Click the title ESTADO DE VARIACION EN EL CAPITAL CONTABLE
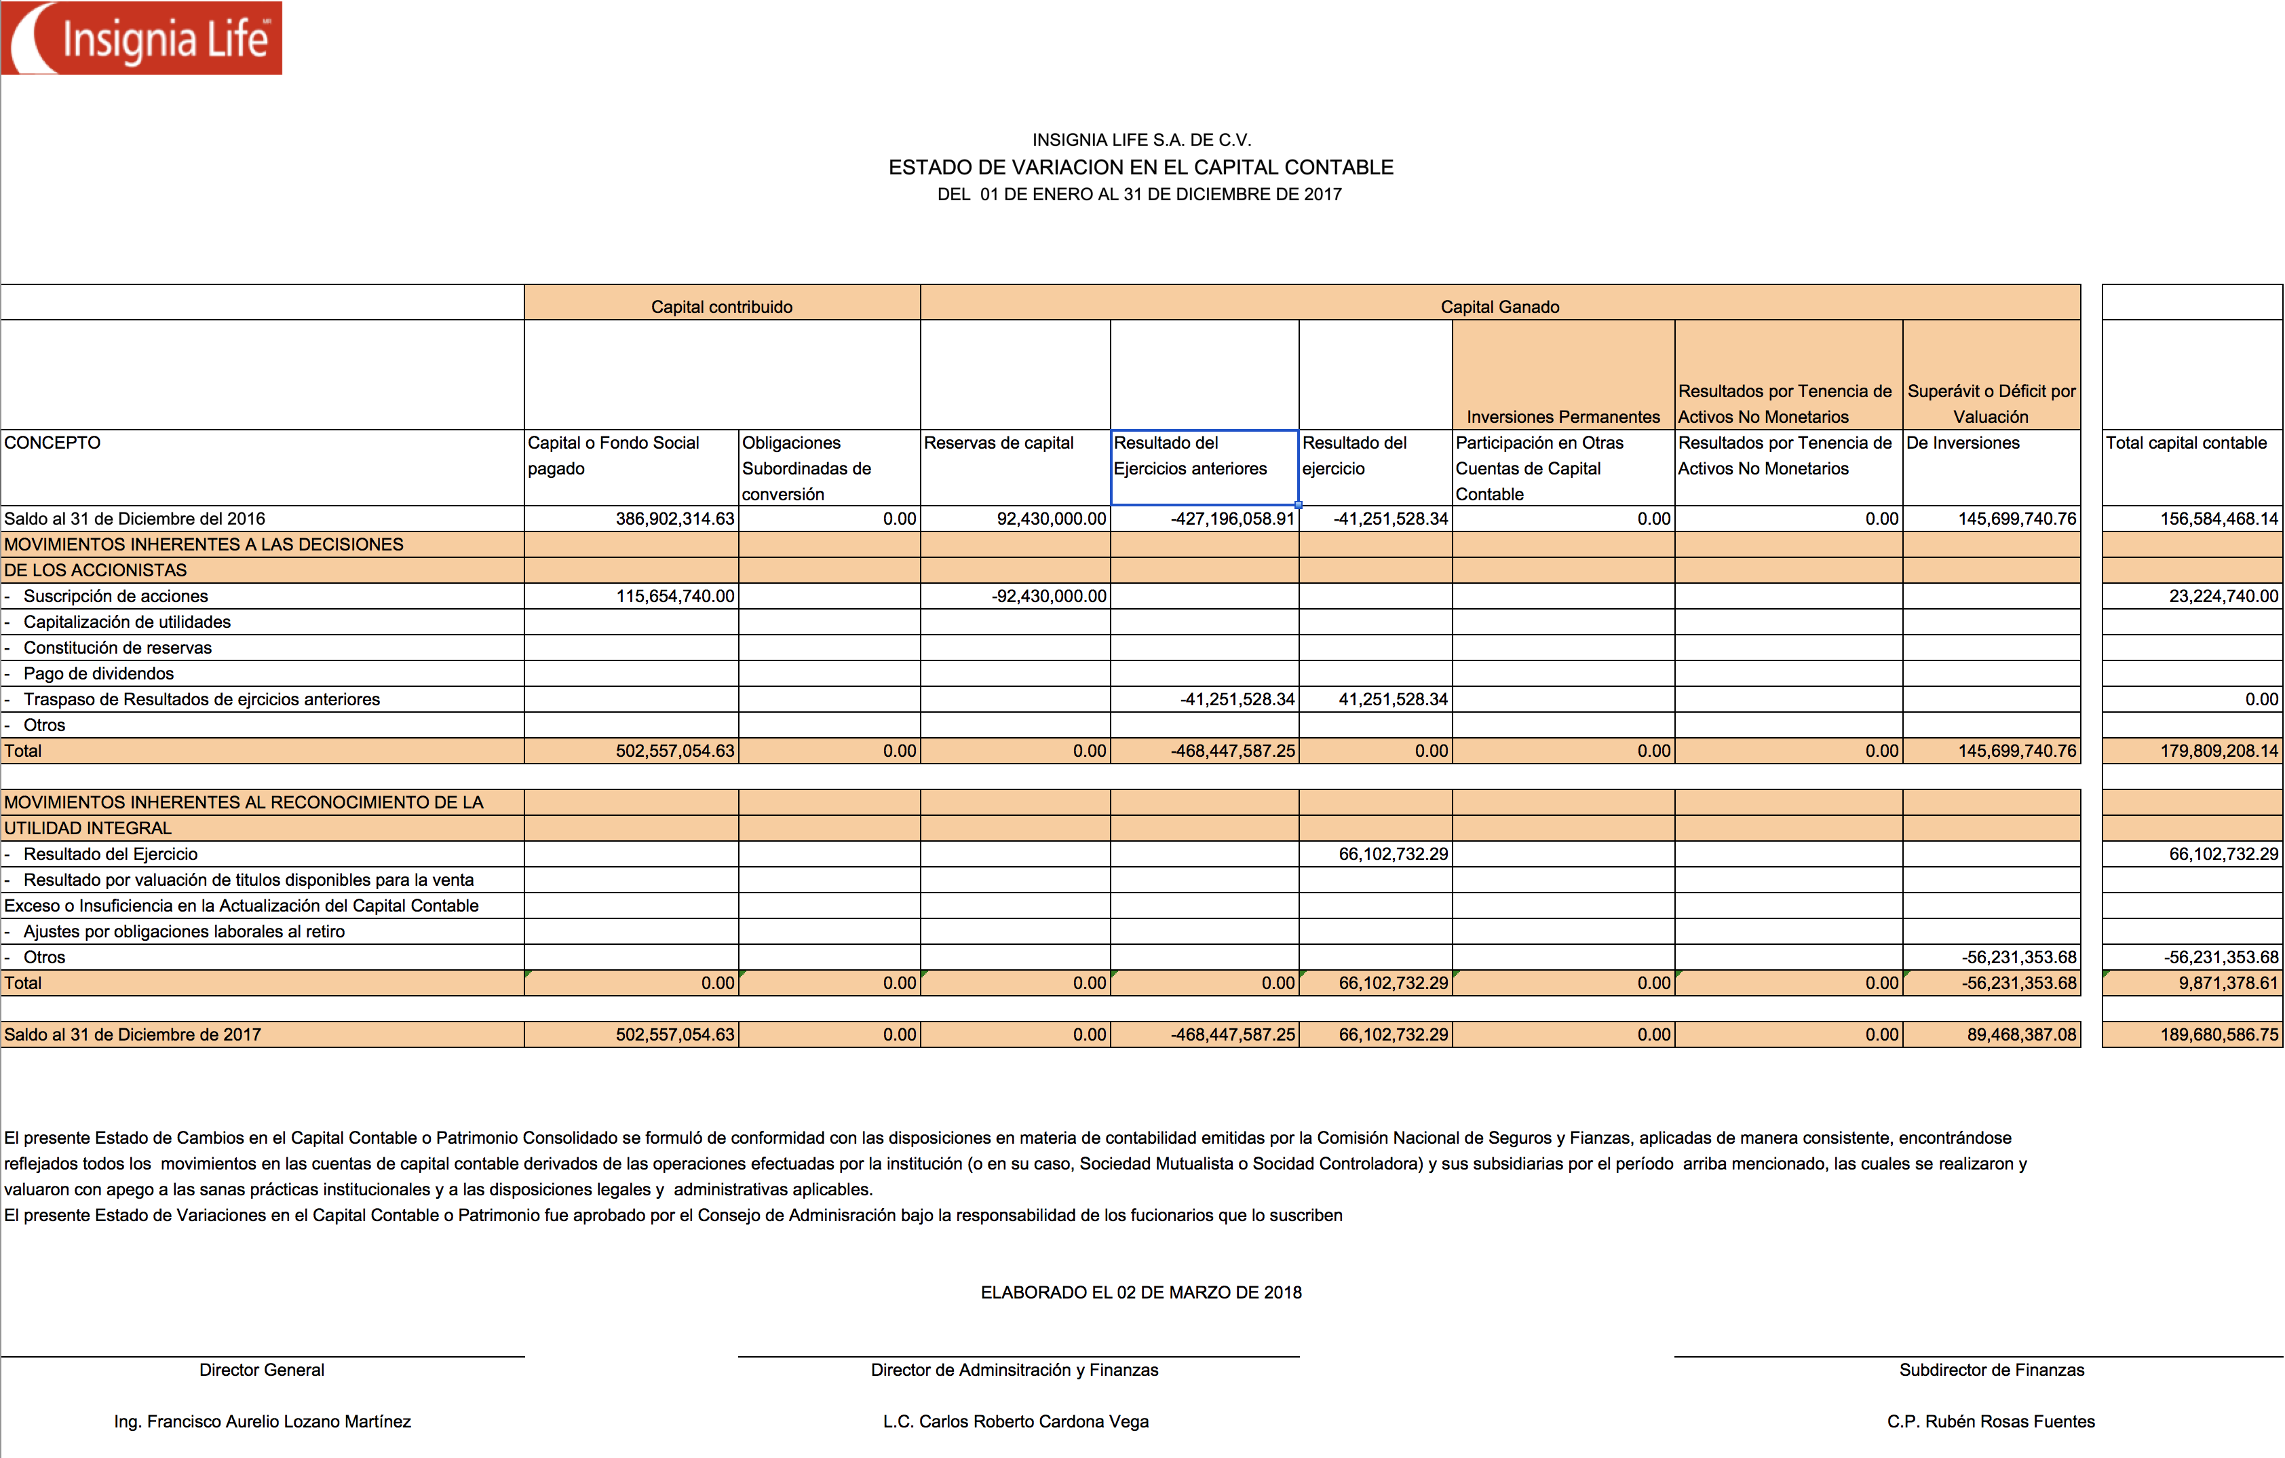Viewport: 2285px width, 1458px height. coord(1140,167)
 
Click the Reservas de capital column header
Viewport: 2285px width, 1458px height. coord(998,443)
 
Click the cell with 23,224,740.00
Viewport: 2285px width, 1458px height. coord(2223,596)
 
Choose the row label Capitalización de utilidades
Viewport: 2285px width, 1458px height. coord(127,622)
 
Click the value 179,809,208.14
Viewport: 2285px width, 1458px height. coord(2219,751)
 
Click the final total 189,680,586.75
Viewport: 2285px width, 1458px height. coord(2219,1034)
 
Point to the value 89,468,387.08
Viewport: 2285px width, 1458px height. coord(2021,1034)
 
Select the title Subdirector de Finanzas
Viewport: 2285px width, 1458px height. coord(1991,1370)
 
